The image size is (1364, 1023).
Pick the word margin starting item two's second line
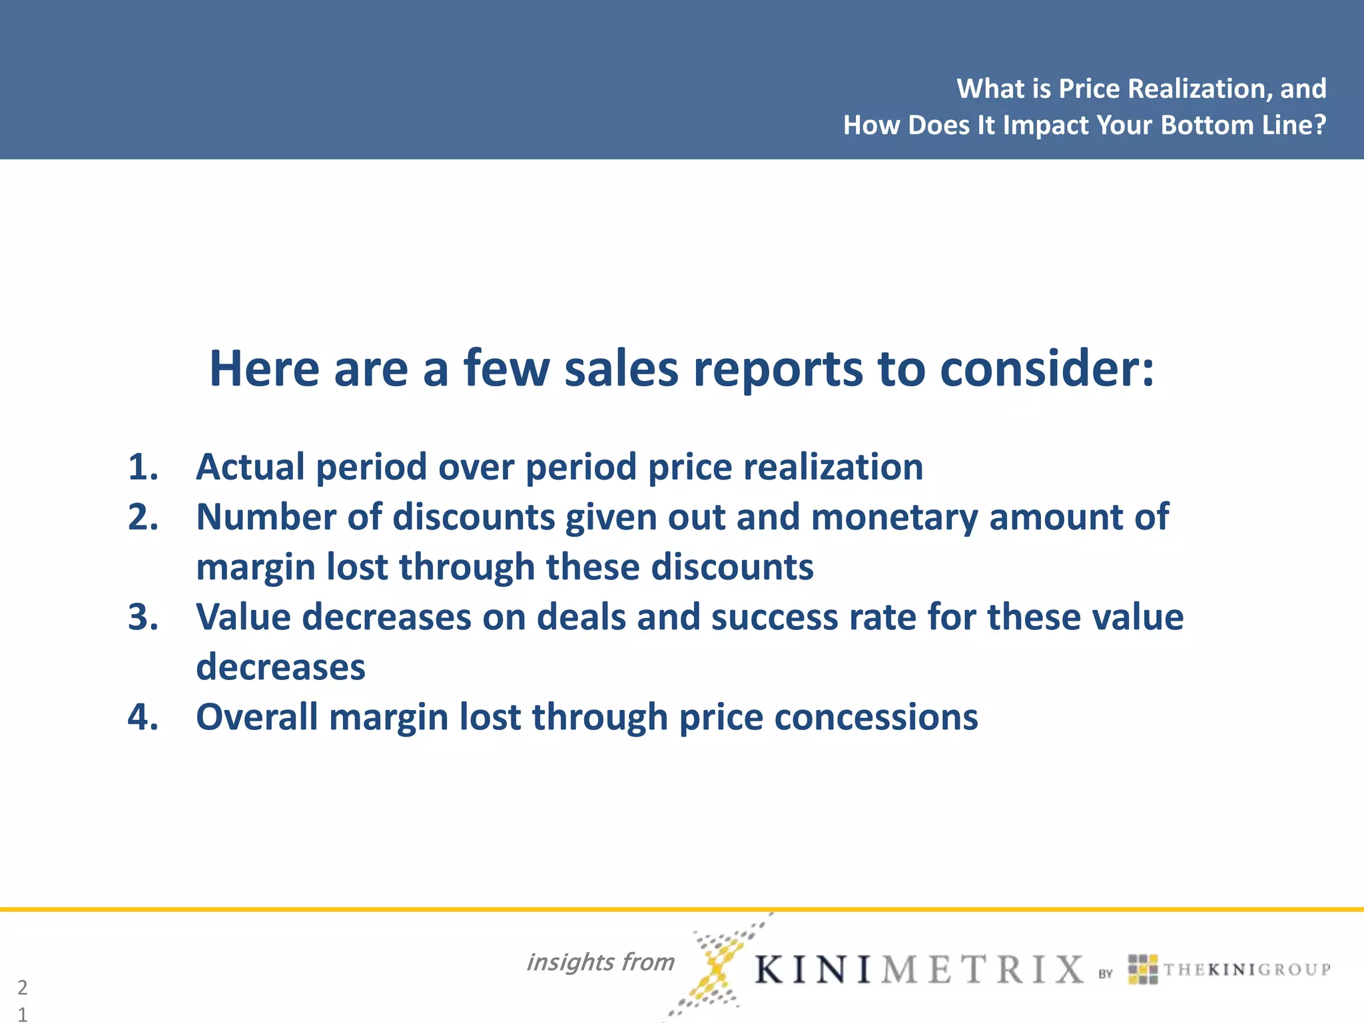tap(255, 567)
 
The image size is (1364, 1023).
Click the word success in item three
tap(775, 617)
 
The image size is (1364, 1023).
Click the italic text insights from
tap(600, 962)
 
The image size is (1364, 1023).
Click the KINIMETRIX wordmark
tap(919, 969)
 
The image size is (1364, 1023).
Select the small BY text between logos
tap(1106, 974)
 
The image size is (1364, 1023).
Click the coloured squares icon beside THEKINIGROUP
tap(1143, 969)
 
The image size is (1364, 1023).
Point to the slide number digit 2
tap(23, 987)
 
